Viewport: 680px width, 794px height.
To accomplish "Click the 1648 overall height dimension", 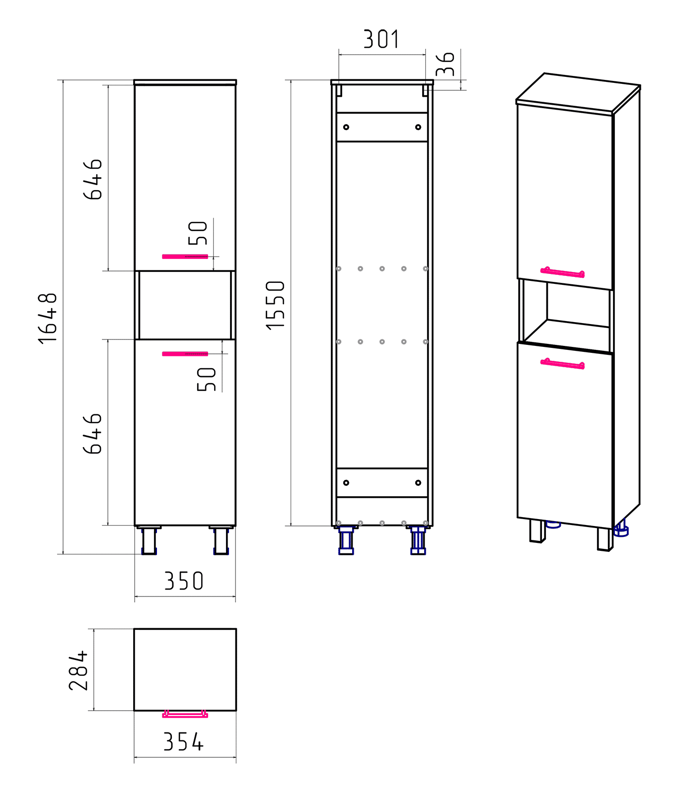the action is [48, 318].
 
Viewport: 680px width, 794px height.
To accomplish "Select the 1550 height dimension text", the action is [276, 305].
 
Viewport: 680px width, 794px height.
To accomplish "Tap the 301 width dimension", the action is [381, 39].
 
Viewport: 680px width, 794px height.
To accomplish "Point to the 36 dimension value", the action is [446, 64].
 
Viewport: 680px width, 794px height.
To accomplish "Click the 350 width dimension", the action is [184, 581].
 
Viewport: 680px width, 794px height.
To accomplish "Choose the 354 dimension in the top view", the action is [183, 742].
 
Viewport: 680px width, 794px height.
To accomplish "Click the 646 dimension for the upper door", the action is [93, 179].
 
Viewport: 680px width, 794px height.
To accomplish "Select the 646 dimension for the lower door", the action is [93, 433].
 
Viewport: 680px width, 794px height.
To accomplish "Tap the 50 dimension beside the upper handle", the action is [198, 233].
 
